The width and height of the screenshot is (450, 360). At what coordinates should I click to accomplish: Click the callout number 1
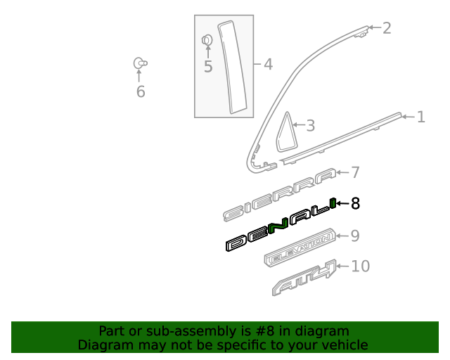[x=420, y=117]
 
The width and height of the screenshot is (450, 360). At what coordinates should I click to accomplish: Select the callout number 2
[x=386, y=28]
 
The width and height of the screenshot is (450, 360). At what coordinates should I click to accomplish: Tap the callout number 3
[x=309, y=126]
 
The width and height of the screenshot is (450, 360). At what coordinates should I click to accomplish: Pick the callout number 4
[x=267, y=65]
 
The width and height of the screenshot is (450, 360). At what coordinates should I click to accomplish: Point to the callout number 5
[x=207, y=67]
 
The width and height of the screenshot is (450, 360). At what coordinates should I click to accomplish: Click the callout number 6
[x=140, y=91]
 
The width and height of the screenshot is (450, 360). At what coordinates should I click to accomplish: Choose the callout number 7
[x=355, y=172]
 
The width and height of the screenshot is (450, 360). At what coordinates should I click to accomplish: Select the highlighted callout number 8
[x=355, y=204]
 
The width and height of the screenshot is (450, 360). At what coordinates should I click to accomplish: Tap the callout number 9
[x=355, y=236]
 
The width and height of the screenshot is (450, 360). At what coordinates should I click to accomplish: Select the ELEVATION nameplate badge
[x=299, y=250]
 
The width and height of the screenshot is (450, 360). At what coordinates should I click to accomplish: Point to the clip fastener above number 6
[x=140, y=63]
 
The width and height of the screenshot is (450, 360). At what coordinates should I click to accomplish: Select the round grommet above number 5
[x=207, y=40]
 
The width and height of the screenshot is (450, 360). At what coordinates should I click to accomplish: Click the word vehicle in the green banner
[x=343, y=345]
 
